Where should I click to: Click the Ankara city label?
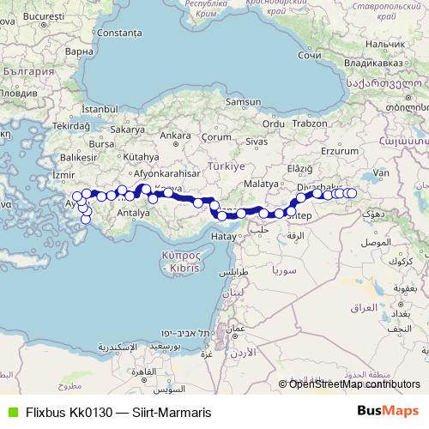(175, 136)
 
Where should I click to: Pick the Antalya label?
(133, 212)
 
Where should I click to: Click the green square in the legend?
(11, 412)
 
